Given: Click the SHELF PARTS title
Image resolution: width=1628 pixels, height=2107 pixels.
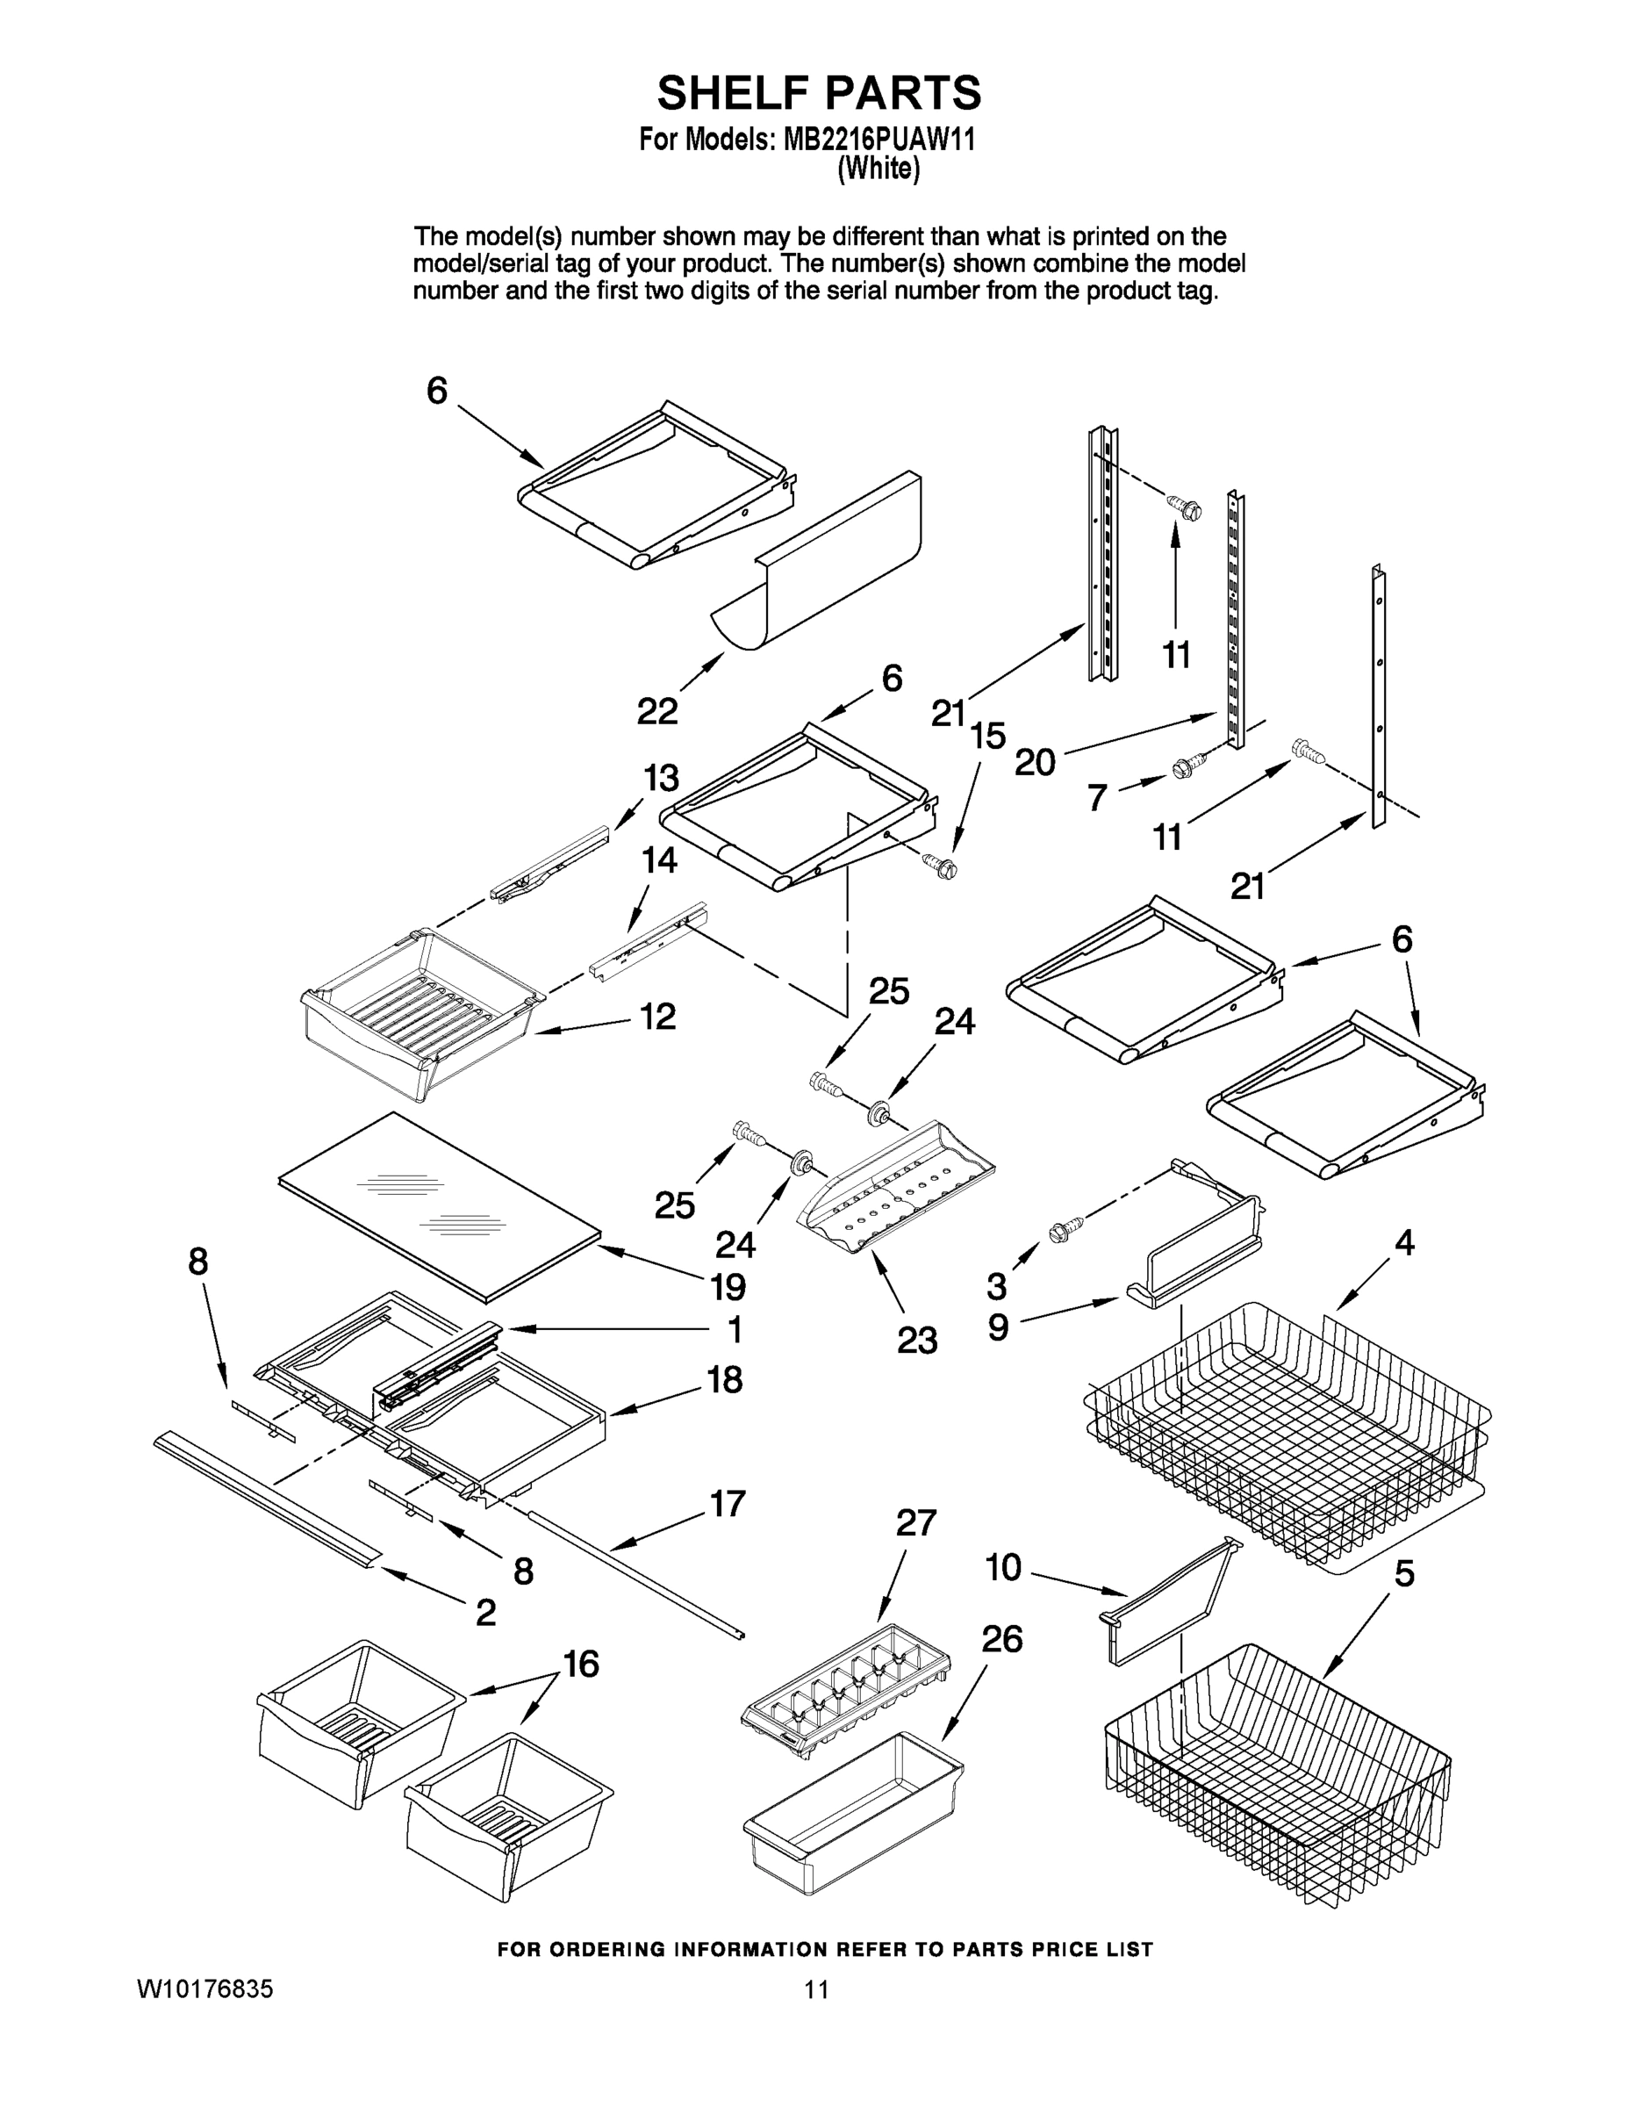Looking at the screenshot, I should [x=819, y=94].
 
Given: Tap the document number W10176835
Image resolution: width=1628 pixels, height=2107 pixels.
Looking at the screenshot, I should [x=204, y=1988].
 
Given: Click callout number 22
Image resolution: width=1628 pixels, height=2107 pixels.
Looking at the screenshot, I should [x=656, y=712].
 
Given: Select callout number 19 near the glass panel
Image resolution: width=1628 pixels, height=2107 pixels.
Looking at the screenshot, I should [x=728, y=1287].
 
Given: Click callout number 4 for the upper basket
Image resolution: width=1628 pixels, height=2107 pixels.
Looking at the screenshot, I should [x=1404, y=1243].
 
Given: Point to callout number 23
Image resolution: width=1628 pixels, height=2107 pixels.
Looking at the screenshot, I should [x=916, y=1340].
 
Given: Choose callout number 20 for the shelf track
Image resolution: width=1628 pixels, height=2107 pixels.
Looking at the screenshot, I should [x=1035, y=762].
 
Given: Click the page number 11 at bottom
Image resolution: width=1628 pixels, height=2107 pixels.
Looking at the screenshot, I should [x=816, y=1988].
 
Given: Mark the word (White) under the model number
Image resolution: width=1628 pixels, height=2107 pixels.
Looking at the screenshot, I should [x=878, y=169].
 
